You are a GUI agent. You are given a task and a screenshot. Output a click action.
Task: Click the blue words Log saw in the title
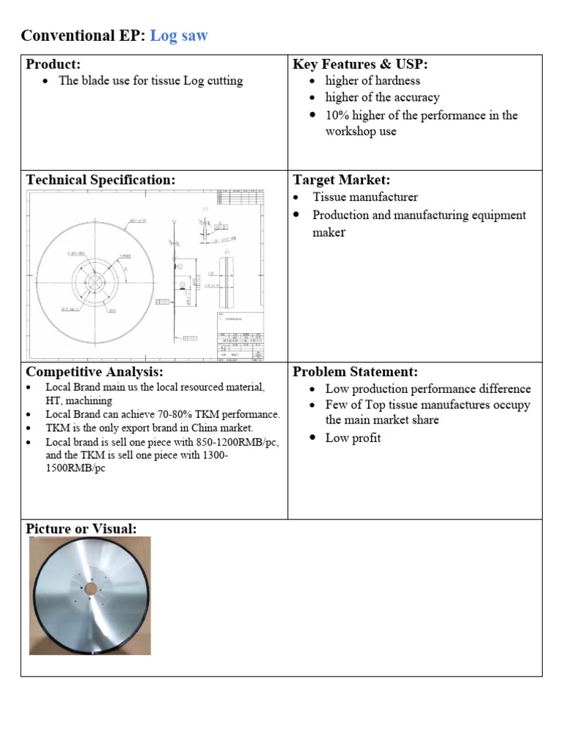178,35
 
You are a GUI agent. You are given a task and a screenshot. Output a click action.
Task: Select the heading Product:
53,64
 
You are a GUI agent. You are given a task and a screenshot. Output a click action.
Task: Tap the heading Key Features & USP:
360,64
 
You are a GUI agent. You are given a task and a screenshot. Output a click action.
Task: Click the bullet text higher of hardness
373,80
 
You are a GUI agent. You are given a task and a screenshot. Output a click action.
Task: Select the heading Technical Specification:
101,180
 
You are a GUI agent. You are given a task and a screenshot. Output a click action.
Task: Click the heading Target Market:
342,180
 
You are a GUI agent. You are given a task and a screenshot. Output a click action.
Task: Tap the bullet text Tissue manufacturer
365,196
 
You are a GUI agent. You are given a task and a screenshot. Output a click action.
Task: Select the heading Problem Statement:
355,372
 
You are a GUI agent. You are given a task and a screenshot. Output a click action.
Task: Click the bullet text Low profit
353,438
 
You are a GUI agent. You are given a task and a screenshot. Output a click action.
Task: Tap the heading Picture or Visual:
81,528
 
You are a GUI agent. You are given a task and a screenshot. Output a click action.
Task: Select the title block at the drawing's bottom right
240,336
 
